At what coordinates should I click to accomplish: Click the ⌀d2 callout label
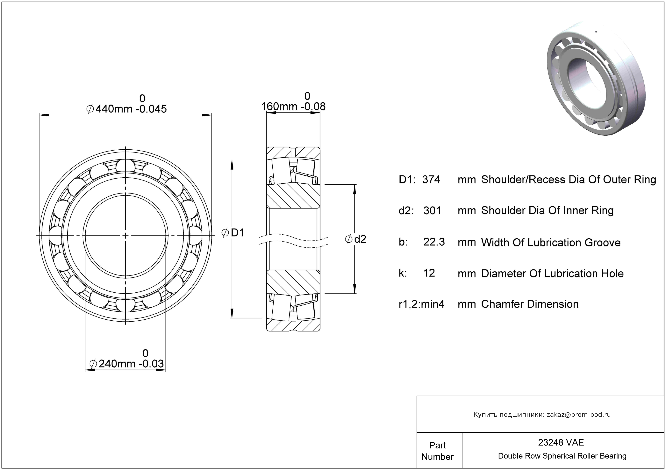click(x=356, y=239)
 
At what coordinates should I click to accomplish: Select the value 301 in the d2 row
click(x=432, y=211)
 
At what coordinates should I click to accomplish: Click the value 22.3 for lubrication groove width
click(x=434, y=242)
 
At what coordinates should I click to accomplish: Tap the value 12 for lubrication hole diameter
click(x=429, y=273)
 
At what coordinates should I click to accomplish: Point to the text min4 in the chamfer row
click(x=433, y=304)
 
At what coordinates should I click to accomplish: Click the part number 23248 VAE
click(x=561, y=442)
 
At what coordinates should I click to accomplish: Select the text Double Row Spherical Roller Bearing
click(x=562, y=456)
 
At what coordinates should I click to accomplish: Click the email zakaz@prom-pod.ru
click(x=578, y=415)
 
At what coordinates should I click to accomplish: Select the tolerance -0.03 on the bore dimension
click(x=151, y=364)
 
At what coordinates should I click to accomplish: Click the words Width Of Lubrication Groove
click(x=551, y=243)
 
